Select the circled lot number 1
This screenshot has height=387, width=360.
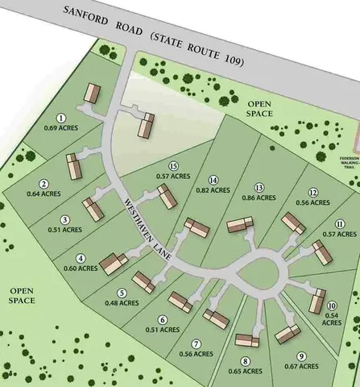pyautogui.click(x=62, y=118)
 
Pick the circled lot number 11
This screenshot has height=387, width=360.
pyautogui.click(x=341, y=223)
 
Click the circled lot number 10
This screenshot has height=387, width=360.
pyautogui.click(x=332, y=304)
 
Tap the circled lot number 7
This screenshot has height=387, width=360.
pyautogui.click(x=197, y=342)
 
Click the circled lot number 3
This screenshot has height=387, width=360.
pyautogui.click(x=65, y=218)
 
